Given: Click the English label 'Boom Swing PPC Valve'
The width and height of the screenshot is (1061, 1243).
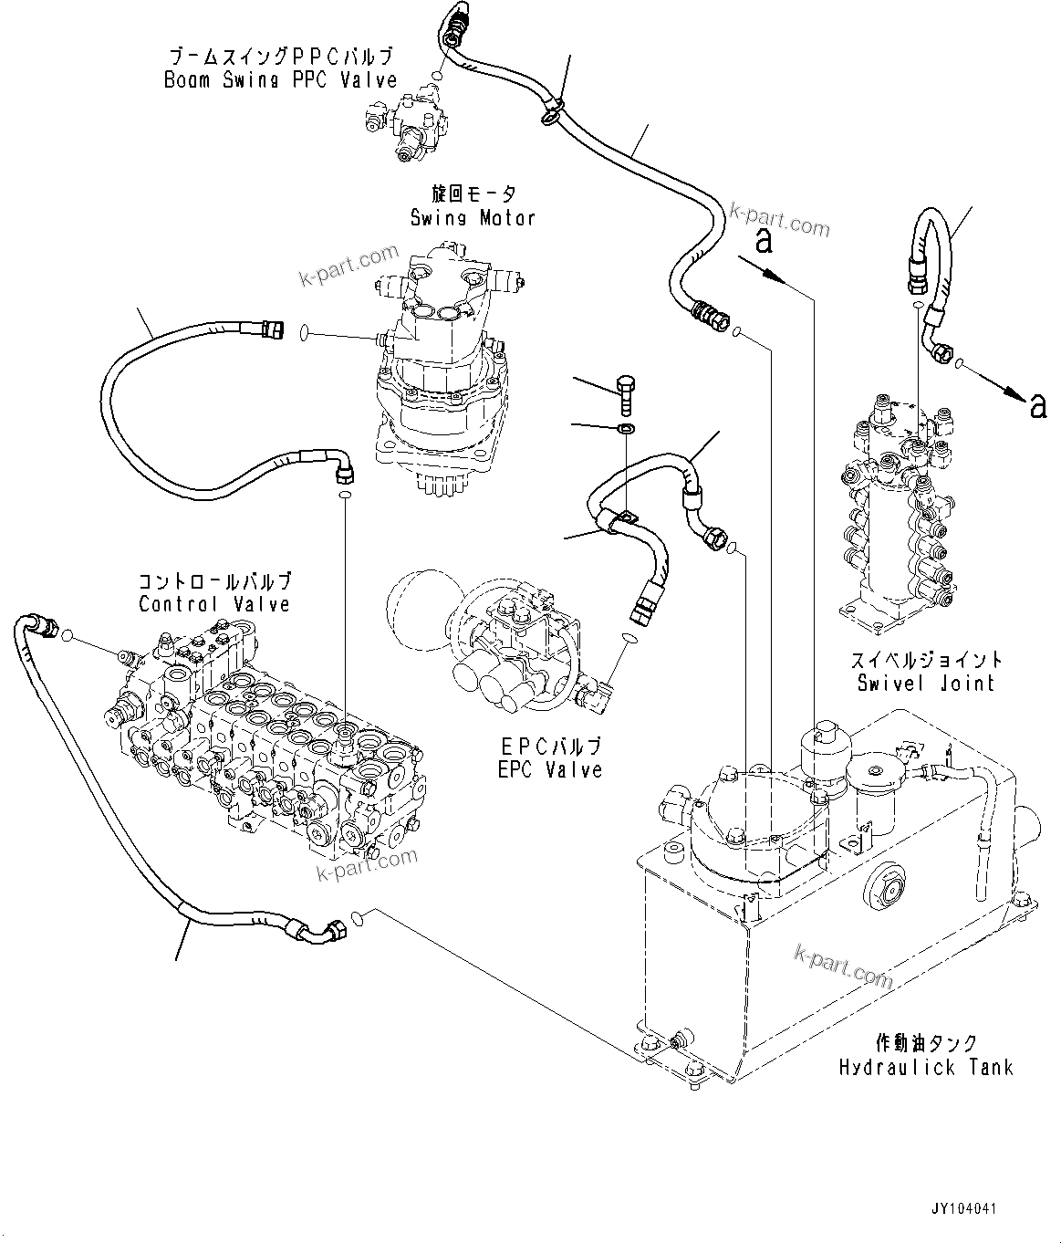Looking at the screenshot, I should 280,79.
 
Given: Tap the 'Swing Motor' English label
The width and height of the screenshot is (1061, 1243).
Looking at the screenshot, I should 472,217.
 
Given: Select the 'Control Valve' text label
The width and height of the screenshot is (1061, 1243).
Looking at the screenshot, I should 214,603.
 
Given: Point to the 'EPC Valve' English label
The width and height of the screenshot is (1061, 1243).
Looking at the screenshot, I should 550,769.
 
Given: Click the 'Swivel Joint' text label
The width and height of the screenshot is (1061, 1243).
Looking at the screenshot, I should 925,683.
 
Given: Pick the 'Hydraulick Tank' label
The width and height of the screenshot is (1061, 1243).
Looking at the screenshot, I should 925,1066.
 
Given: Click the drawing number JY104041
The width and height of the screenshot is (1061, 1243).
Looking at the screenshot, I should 963,1208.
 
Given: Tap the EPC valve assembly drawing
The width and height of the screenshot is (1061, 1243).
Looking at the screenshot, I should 511,657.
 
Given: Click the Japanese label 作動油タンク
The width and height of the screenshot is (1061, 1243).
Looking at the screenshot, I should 925,1042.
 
